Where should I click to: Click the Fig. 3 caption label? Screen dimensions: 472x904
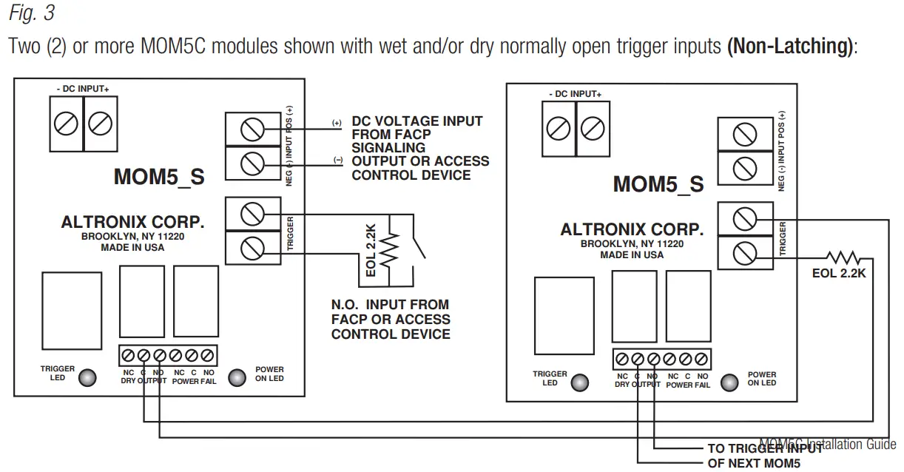pyautogui.click(x=32, y=13)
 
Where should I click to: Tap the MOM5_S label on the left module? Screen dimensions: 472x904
pyautogui.click(x=159, y=177)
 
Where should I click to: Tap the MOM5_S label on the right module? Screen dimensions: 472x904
pyautogui.click(x=658, y=183)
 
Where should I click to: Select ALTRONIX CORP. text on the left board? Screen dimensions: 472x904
pyautogui.click(x=132, y=222)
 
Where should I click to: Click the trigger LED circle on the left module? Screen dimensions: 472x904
pyautogui.click(x=87, y=377)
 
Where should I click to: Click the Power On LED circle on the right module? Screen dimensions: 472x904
pyautogui.click(x=729, y=382)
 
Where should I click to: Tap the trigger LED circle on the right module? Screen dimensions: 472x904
pyautogui.click(x=581, y=382)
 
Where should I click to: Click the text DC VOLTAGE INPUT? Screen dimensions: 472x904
pyautogui.click(x=416, y=121)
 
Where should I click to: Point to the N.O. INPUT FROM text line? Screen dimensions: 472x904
pyautogui.click(x=390, y=304)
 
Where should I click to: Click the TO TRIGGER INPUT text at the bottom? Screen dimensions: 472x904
pyautogui.click(x=764, y=448)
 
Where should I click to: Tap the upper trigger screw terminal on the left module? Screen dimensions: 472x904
pyautogui.click(x=252, y=215)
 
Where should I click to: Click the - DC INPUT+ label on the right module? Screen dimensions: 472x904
pyautogui.click(x=575, y=94)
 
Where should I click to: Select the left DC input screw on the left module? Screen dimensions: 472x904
pyautogui.click(x=67, y=123)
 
